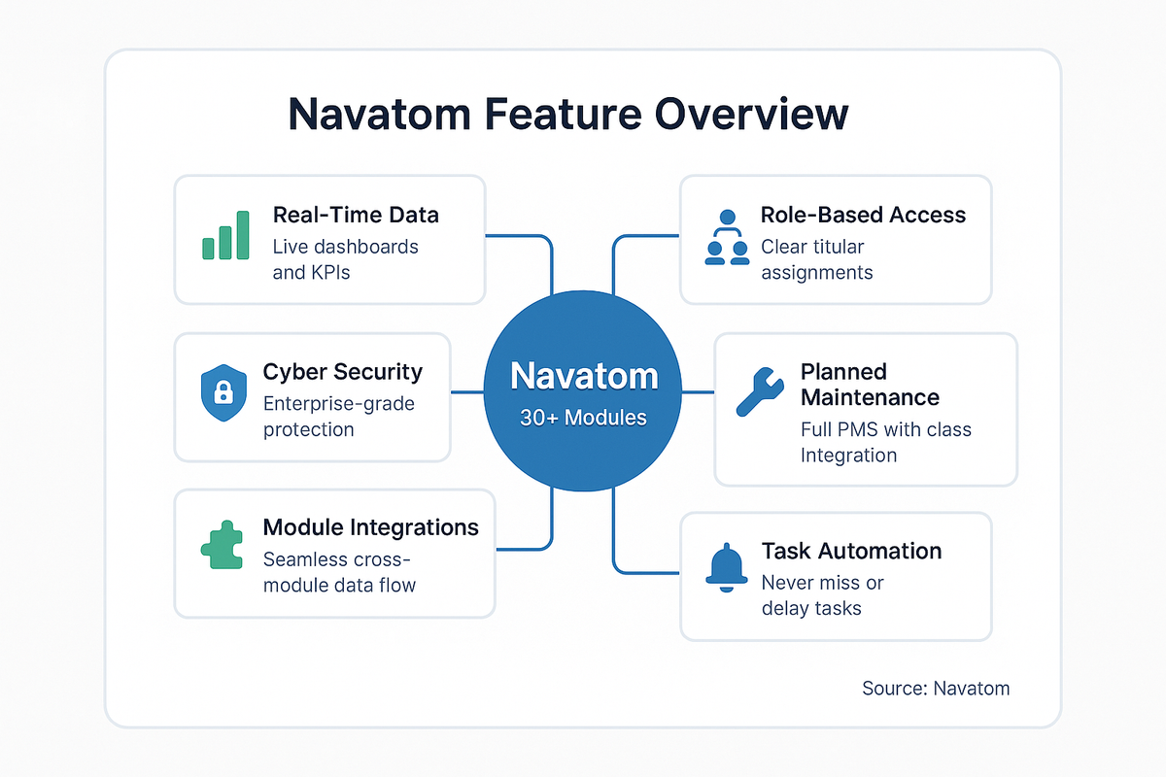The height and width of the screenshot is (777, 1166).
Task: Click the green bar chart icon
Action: click(x=224, y=235)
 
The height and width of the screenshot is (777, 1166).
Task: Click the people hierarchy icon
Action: click(x=727, y=239)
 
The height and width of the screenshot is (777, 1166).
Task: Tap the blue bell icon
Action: click(x=727, y=566)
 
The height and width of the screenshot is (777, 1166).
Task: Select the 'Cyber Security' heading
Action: click(x=342, y=371)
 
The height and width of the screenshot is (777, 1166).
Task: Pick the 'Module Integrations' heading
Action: click(x=370, y=526)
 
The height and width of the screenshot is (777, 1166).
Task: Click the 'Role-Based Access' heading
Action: click(x=863, y=215)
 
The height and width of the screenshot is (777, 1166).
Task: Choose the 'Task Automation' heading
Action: click(x=851, y=551)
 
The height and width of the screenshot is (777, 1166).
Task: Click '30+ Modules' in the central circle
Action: click(x=583, y=418)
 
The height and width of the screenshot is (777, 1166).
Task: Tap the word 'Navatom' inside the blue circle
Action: click(x=583, y=377)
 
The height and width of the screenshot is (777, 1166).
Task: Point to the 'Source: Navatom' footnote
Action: click(x=935, y=689)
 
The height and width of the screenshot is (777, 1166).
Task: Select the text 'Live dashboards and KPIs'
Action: click(x=345, y=259)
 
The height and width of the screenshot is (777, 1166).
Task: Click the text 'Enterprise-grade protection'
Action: click(x=338, y=416)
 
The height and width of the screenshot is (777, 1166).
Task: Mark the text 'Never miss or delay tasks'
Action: click(x=822, y=595)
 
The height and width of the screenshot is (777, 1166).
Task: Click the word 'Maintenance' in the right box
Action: click(x=870, y=397)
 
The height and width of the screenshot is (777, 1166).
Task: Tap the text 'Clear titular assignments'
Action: click(x=816, y=259)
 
